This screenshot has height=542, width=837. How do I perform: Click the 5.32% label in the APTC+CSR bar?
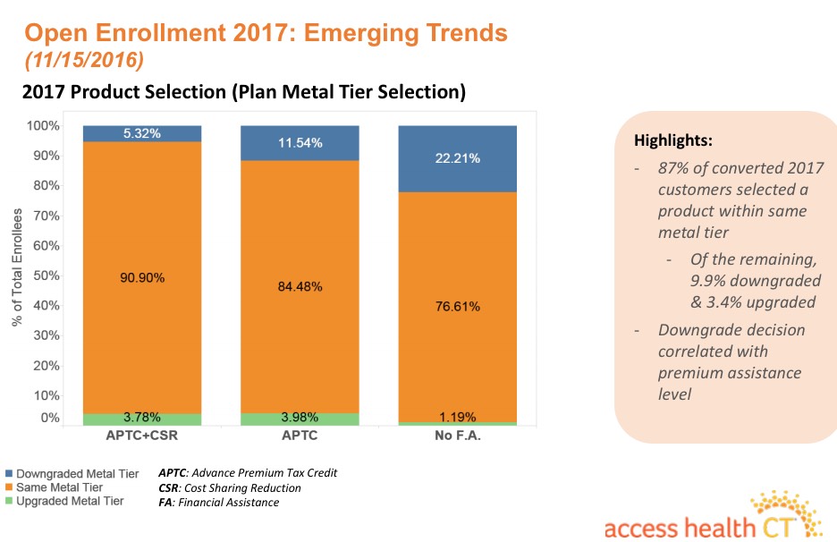pos(141,133)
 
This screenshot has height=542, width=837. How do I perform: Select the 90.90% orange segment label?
pos(141,278)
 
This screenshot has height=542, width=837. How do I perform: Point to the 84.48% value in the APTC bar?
pos(300,287)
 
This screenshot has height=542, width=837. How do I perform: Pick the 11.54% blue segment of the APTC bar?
pos(300,143)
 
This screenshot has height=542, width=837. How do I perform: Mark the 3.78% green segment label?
pos(141,417)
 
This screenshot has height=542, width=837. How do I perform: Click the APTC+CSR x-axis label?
pos(141,437)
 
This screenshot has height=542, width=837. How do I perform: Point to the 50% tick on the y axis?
pos(46,275)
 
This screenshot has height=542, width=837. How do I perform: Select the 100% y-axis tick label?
pos(43,125)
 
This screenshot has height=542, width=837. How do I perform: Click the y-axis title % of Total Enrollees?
pos(17,268)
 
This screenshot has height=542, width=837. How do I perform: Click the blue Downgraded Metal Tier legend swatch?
pos(8,473)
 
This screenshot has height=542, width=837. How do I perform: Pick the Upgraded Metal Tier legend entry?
pos(70,502)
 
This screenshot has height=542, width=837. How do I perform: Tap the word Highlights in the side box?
pos(672,141)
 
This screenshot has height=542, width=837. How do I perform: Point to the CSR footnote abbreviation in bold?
pos(169,487)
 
